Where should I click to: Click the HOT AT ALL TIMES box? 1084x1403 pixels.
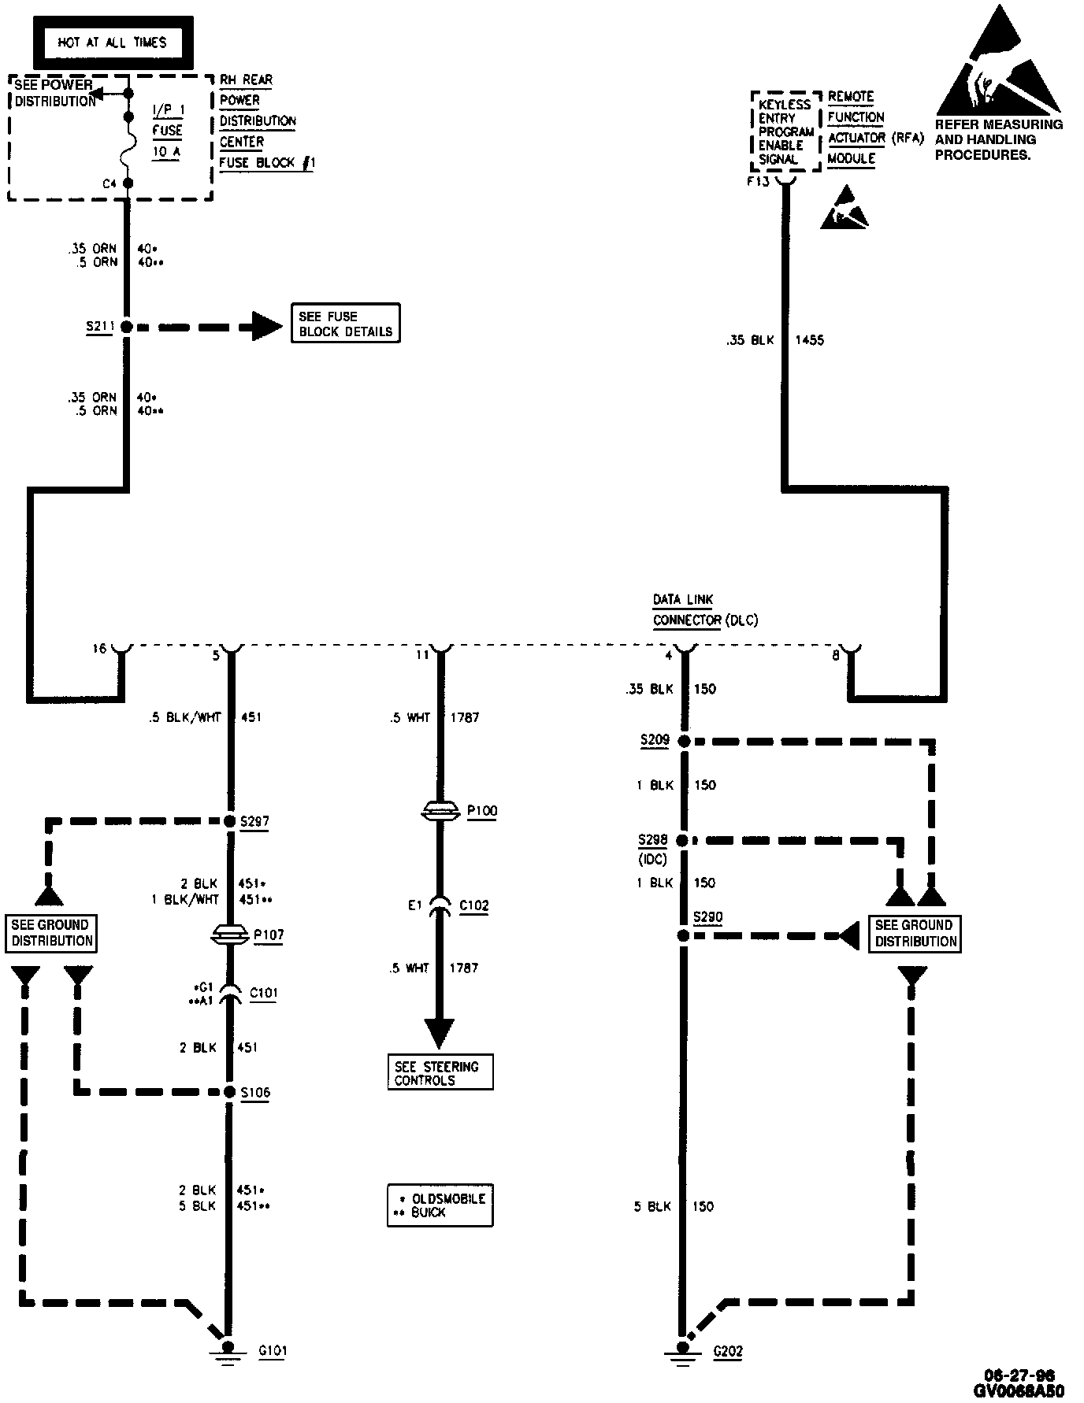point(112,43)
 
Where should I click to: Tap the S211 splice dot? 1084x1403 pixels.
point(125,326)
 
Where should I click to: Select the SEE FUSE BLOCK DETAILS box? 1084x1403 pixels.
point(345,324)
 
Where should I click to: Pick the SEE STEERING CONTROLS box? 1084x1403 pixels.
point(440,1073)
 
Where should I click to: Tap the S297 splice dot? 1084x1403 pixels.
point(229,821)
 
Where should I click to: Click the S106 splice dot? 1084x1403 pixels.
point(229,1092)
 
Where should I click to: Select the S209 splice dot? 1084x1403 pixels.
point(684,742)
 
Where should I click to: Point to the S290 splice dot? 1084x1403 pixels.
point(683,936)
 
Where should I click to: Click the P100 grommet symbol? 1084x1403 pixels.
point(440,810)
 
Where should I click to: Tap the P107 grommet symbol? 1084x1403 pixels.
point(229,935)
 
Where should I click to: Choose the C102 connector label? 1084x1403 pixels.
point(473,905)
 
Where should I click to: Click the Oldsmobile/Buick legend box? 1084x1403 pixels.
point(440,1205)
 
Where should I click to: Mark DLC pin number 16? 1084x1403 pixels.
point(99,649)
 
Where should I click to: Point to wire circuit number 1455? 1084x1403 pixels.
point(809,340)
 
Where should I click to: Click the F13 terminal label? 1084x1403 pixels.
point(758,182)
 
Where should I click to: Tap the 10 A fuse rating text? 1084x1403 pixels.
point(166,151)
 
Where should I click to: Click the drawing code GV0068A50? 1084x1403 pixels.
point(1019,1390)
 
